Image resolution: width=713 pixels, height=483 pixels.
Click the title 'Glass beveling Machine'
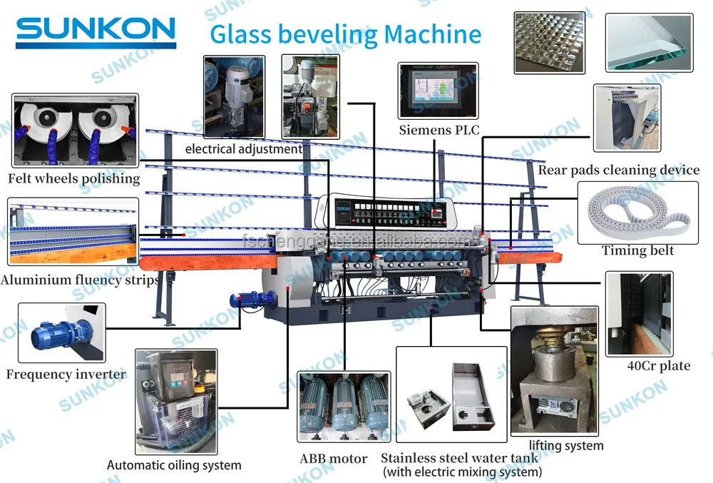pyautogui.click(x=345, y=34)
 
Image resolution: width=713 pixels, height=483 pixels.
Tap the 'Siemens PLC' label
pyautogui.click(x=438, y=130)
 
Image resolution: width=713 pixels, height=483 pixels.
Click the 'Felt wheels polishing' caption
pyautogui.click(x=73, y=179)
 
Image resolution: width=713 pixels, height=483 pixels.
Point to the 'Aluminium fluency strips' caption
pyautogui.click(x=79, y=280)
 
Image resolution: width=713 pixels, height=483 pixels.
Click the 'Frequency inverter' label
pyautogui.click(x=66, y=375)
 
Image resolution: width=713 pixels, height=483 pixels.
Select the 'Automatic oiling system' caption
pyautogui.click(x=174, y=465)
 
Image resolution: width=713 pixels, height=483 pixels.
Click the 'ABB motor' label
pyautogui.click(x=334, y=459)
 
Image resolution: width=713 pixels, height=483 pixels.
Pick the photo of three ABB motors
pyautogui.click(x=344, y=406)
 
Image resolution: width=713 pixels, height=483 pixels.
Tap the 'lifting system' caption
pyautogui.click(x=566, y=446)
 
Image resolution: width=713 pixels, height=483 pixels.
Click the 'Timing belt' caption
pyautogui.click(x=637, y=250)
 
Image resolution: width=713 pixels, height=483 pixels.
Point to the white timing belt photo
pyautogui.click(x=637, y=212)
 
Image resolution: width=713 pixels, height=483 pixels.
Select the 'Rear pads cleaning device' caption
pyautogui.click(x=618, y=171)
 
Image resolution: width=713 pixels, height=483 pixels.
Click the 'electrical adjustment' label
pyautogui.click(x=243, y=150)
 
